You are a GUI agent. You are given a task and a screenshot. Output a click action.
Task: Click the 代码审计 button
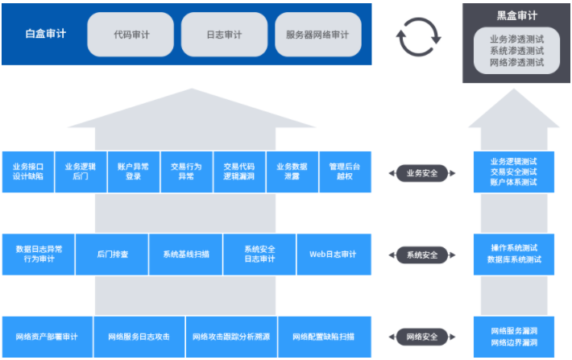pyautogui.click(x=131, y=35)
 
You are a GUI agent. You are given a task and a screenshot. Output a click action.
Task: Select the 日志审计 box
pyautogui.click(x=224, y=35)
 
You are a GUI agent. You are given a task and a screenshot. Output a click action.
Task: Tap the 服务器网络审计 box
pyautogui.click(x=317, y=35)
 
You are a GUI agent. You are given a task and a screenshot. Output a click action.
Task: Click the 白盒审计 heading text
pyautogui.click(x=45, y=35)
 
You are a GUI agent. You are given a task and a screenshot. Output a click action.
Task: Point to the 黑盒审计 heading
pyautogui.click(x=516, y=14)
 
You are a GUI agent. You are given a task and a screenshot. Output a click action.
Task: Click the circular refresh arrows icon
pyautogui.click(x=419, y=36)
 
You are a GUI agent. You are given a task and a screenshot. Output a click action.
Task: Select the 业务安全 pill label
pyautogui.click(x=423, y=172)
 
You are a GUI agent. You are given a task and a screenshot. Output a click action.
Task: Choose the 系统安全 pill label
pyautogui.click(x=423, y=254)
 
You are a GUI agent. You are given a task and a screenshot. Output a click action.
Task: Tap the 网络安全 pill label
pyautogui.click(x=423, y=337)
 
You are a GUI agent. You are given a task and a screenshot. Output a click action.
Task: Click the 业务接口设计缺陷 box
pyautogui.click(x=28, y=172)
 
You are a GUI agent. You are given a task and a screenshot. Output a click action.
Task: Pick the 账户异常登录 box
pyautogui.click(x=134, y=172)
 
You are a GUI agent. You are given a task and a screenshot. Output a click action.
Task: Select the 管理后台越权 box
pyautogui.click(x=345, y=172)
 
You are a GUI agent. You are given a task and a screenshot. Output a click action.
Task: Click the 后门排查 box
pyautogui.click(x=112, y=254)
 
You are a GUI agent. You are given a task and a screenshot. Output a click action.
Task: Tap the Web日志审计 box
pyautogui.click(x=333, y=254)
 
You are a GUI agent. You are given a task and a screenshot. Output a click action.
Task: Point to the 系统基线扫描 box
pyautogui.click(x=185, y=254)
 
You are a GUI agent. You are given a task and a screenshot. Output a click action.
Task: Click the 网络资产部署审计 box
pyautogui.click(x=48, y=337)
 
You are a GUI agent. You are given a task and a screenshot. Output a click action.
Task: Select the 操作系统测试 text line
pyautogui.click(x=514, y=248)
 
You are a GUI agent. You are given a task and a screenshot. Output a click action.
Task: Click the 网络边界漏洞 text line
pyautogui.click(x=514, y=343)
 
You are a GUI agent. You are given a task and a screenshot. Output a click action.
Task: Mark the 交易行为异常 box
pyautogui.click(x=186, y=172)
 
